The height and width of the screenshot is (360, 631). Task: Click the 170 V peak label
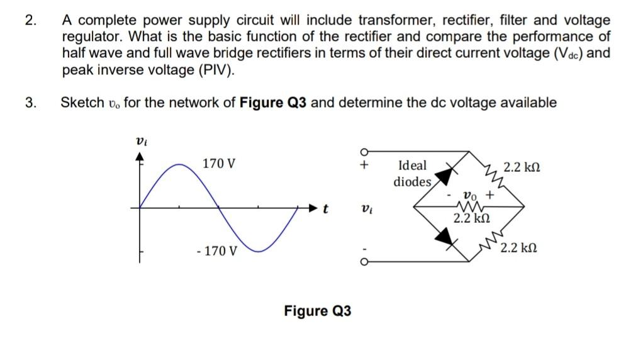(219, 164)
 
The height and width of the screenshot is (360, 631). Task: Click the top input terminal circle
(363, 152)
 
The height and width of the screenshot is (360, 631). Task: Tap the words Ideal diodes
(413, 174)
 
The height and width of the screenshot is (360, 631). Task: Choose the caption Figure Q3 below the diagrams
(318, 311)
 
